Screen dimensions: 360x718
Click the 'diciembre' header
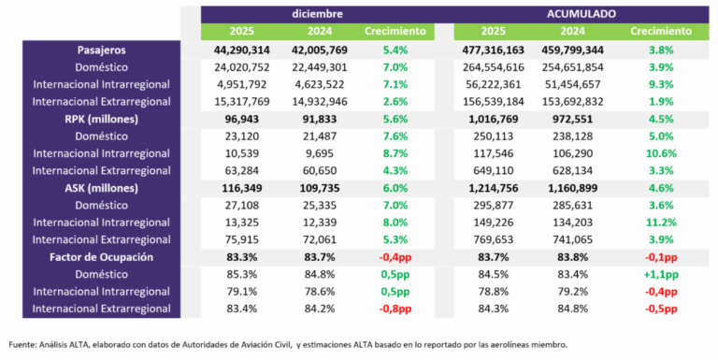point(316,14)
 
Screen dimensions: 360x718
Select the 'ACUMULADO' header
point(582,14)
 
